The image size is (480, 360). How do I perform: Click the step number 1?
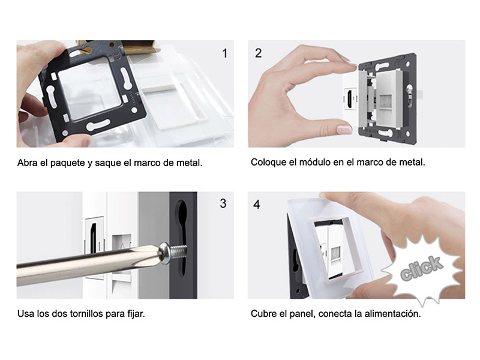[x=225, y=53]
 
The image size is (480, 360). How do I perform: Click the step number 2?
[x=259, y=53]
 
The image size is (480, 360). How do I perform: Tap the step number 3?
[x=223, y=203]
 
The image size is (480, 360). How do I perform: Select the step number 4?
[x=257, y=205]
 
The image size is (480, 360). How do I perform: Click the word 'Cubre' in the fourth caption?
[x=263, y=313]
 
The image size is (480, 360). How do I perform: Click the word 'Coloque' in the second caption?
[x=268, y=162]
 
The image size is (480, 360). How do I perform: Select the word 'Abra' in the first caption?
[x=26, y=163]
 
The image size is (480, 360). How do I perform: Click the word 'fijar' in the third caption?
[x=134, y=313]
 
